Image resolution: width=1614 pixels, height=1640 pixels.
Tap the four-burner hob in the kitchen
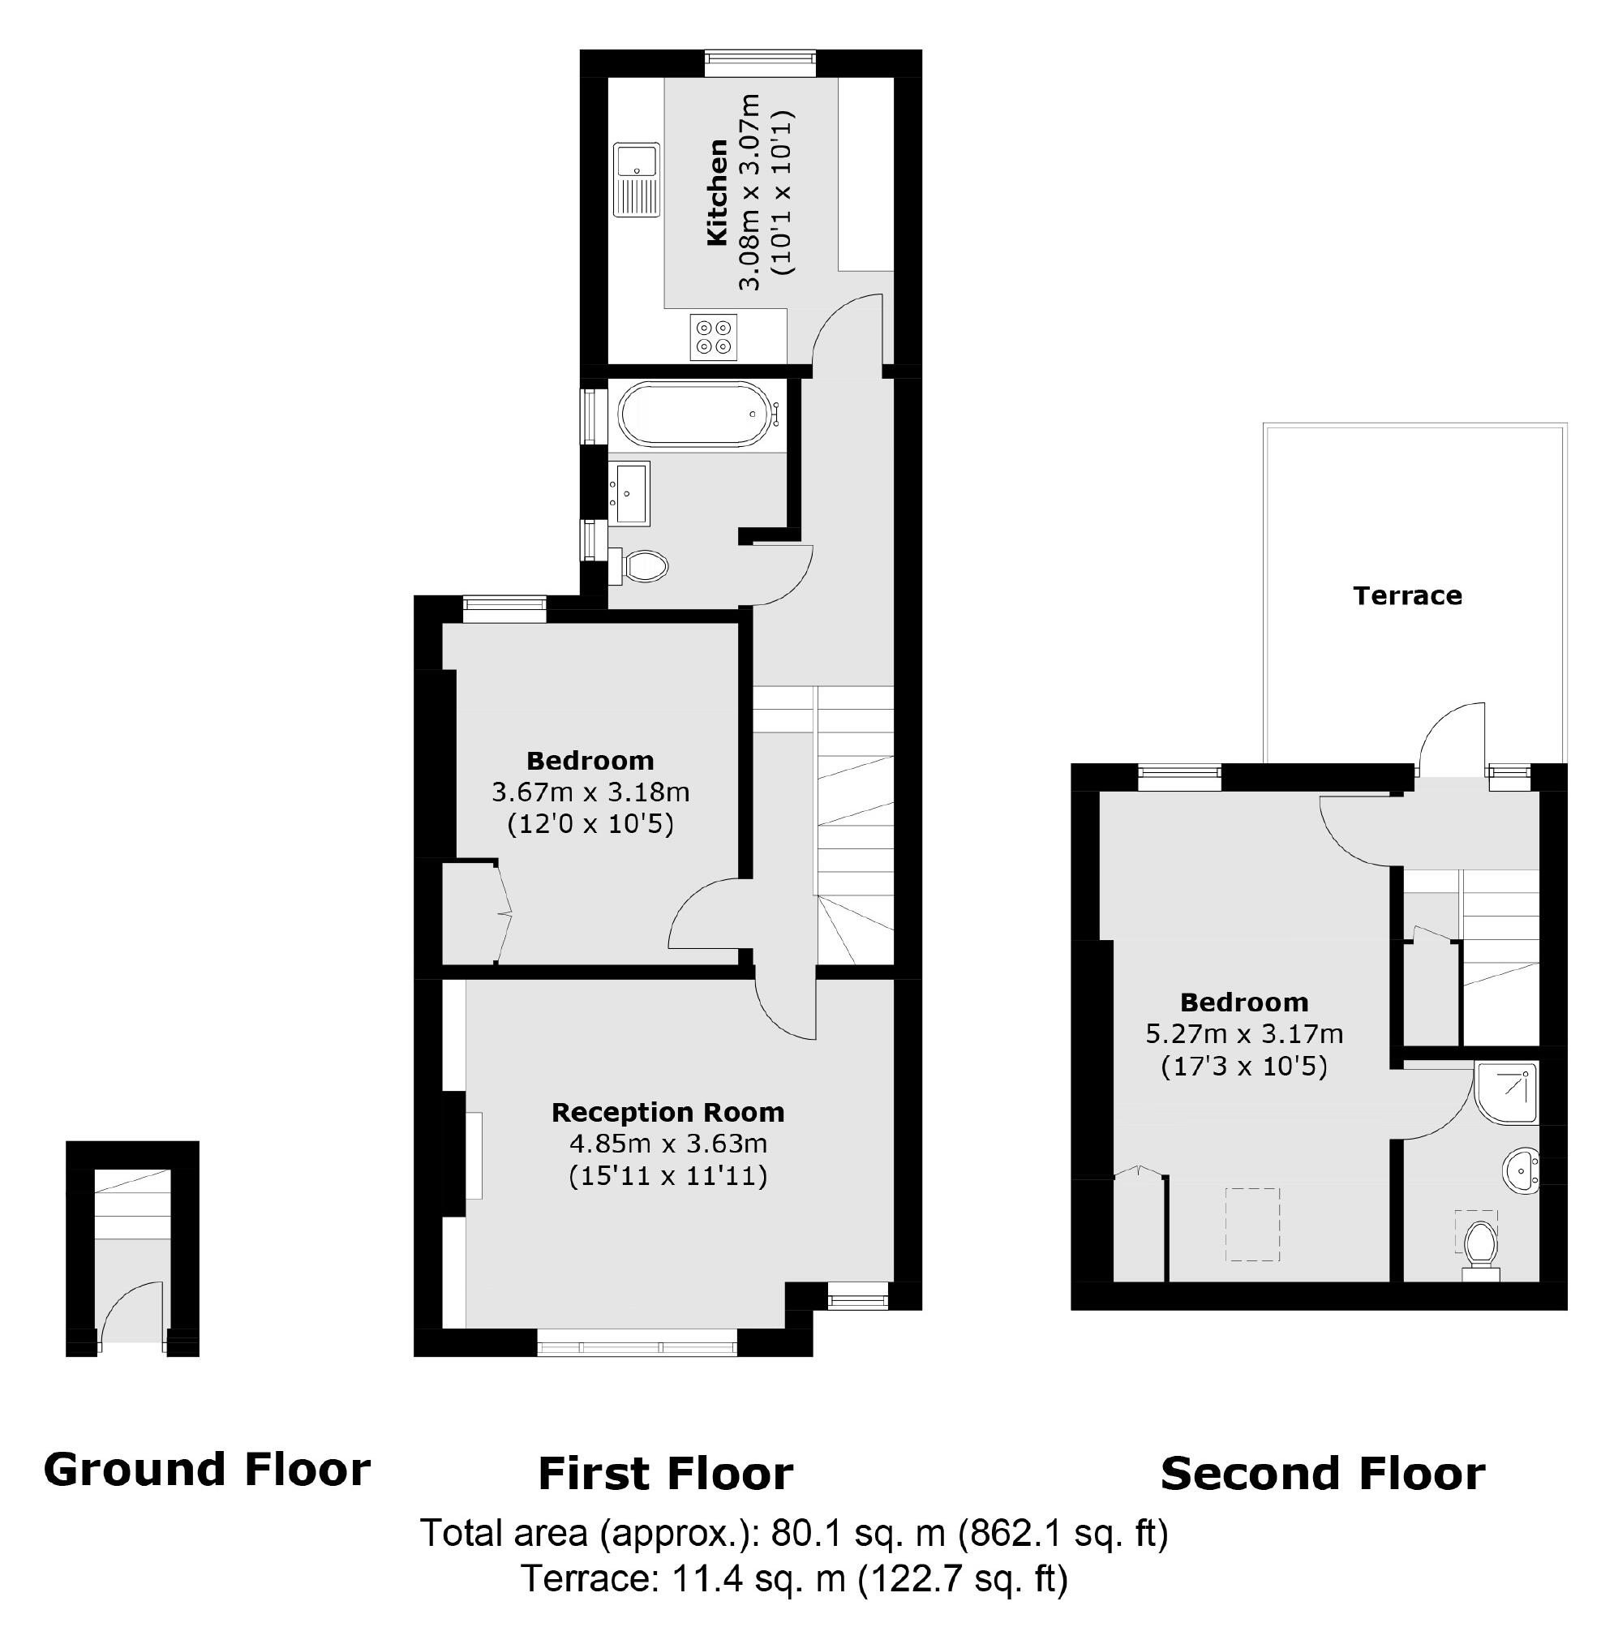point(713,337)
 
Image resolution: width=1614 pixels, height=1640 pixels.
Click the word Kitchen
point(717,193)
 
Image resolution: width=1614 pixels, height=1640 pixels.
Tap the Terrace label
point(1407,596)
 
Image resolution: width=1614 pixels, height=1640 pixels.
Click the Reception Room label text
point(668,1112)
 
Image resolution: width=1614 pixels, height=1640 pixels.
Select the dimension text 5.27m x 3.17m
point(1244,1034)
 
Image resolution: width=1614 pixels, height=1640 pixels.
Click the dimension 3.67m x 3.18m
point(590,792)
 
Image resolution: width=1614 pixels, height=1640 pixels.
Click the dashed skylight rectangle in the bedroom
point(1253,1224)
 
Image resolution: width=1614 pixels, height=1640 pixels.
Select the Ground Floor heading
point(207,1469)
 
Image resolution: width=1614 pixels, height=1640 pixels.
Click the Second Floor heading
point(1322,1473)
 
